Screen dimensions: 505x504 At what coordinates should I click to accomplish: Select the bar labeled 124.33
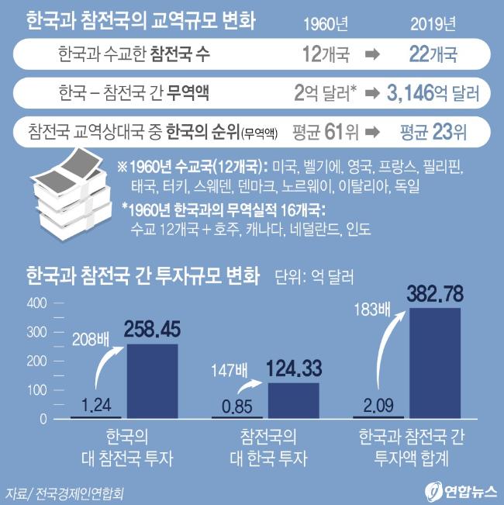click(293, 400)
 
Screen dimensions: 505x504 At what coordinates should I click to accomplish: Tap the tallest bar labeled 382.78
click(435, 363)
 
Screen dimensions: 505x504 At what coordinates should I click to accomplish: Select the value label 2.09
click(381, 405)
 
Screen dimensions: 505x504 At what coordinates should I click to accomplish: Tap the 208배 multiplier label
click(91, 338)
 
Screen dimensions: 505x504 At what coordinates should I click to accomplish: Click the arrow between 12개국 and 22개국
click(372, 55)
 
